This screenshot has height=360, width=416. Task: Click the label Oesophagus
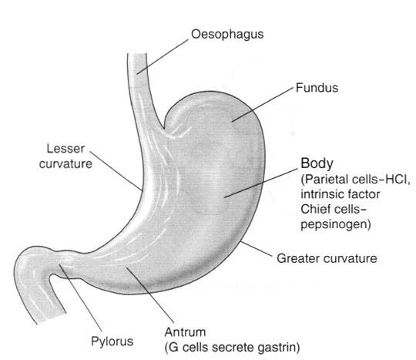[x=227, y=35]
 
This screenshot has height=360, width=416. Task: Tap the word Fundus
[x=317, y=88]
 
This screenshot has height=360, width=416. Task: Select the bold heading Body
[x=317, y=163]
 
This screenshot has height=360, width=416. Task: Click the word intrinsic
[x=320, y=194]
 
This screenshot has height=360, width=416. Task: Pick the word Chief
[x=314, y=209]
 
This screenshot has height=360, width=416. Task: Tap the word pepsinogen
[x=334, y=225]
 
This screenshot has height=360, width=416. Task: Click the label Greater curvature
[x=327, y=258]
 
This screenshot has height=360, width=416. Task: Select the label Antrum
[x=185, y=332]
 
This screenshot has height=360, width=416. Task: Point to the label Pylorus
[x=112, y=341]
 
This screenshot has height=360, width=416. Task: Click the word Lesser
[x=65, y=149]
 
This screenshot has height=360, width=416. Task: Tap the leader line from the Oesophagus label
[x=163, y=57]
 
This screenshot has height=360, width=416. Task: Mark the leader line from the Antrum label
[x=150, y=295]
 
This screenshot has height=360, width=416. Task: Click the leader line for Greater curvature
[x=257, y=249]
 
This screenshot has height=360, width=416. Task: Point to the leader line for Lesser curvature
[x=116, y=171]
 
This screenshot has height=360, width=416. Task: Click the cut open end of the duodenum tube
[x=51, y=318]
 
